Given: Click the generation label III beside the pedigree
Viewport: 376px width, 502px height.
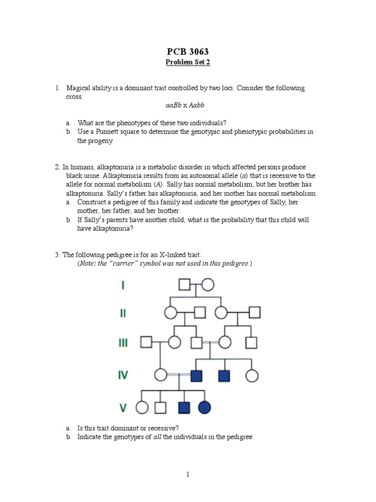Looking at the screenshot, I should (x=123, y=342).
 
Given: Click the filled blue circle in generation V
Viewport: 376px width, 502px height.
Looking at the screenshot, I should (x=205, y=407).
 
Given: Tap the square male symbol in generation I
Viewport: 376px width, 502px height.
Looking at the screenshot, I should (x=184, y=285).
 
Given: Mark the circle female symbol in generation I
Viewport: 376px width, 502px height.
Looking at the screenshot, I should (x=207, y=285).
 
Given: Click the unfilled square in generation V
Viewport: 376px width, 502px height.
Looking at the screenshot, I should (x=161, y=407).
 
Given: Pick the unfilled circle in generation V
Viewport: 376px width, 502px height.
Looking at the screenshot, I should (x=142, y=407).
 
